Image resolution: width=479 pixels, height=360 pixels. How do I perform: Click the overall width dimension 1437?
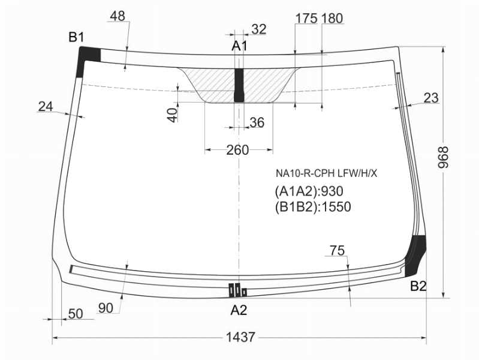240,337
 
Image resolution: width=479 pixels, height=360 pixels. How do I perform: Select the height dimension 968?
443,157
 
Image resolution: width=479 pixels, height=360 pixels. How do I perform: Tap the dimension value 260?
237,150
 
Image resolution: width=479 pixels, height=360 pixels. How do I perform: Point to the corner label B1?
76,37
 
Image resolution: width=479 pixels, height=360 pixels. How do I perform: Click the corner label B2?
418,287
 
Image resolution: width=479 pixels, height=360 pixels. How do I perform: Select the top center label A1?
239,46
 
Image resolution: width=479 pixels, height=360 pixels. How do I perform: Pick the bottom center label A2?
239,310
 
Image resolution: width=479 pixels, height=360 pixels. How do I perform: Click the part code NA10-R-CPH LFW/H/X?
327,174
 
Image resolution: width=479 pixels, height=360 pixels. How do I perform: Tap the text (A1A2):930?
309,191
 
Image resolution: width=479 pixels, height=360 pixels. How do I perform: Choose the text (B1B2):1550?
312,207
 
